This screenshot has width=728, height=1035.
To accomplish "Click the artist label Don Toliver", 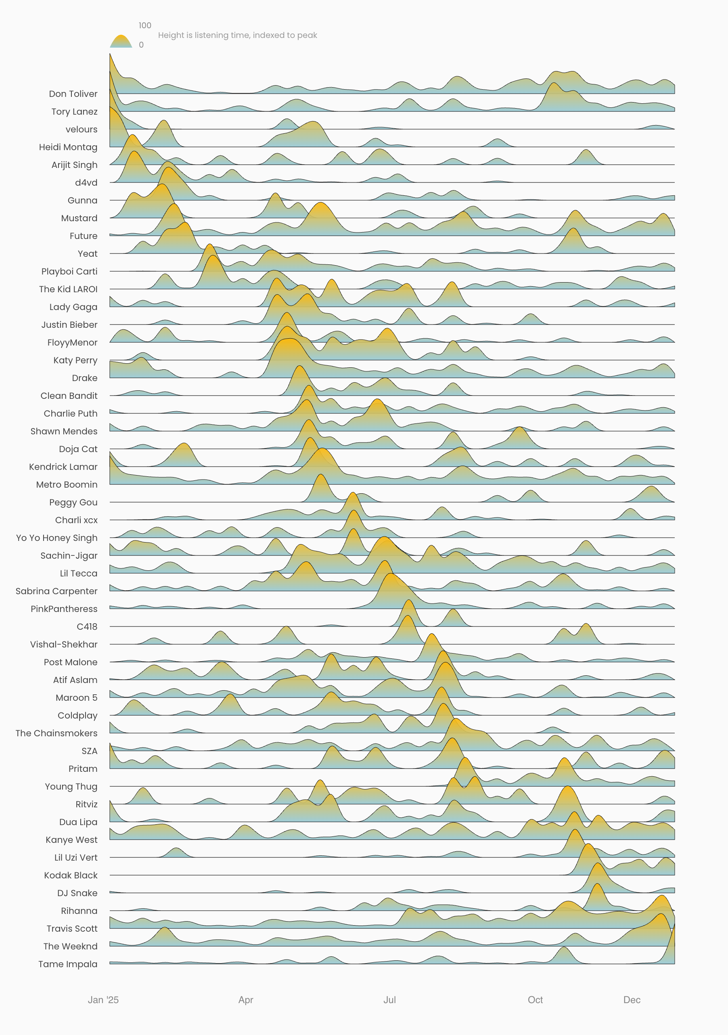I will (x=73, y=94).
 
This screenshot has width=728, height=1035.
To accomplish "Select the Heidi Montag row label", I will (x=68, y=147).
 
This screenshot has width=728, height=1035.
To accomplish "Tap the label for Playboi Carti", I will (x=69, y=271).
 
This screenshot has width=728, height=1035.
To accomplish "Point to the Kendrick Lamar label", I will (x=63, y=467).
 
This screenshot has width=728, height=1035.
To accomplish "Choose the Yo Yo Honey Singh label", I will (x=56, y=538).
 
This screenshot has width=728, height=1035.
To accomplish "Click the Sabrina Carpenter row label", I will (x=56, y=591).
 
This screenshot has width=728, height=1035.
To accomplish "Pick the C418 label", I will (x=87, y=626).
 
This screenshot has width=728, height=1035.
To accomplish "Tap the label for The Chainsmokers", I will (x=56, y=733).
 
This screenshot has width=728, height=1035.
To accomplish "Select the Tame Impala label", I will (x=68, y=964).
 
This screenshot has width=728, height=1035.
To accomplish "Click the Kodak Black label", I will (x=71, y=875).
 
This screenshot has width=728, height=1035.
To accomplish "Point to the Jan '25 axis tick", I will (x=103, y=1000).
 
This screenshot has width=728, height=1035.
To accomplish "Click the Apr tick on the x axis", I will (x=246, y=1000).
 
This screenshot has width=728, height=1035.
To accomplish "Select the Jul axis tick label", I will (x=389, y=1000).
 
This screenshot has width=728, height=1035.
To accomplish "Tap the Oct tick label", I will (x=535, y=1000).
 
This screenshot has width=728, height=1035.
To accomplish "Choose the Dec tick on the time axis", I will (x=632, y=1000).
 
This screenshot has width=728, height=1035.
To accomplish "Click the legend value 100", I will (x=145, y=25).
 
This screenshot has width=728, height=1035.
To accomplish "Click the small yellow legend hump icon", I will (x=121, y=42).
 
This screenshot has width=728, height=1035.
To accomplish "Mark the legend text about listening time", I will (x=238, y=35).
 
